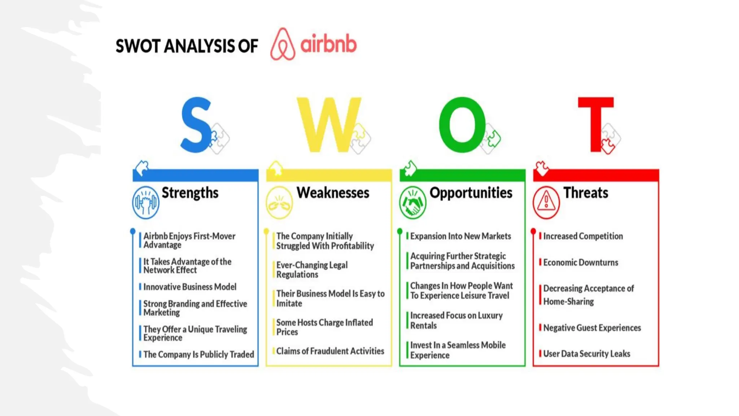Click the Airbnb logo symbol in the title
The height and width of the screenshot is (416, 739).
pos(283,44)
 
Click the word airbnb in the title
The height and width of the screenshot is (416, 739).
pos(328,44)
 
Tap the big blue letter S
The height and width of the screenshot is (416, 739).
pos(196,125)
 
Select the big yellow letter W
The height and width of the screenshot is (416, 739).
pos(328,125)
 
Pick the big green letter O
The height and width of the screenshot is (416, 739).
pos(462,125)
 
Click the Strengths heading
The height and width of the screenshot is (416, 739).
pos(190,193)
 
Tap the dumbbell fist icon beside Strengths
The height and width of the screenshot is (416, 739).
pos(145,203)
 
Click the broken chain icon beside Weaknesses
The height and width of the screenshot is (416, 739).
pos(279,203)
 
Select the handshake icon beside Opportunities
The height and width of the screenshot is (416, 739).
pos(412,203)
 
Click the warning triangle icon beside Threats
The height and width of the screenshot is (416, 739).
pos(546,203)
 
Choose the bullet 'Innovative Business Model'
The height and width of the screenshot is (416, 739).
pos(190,287)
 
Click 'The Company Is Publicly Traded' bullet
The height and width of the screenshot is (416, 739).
pos(198,354)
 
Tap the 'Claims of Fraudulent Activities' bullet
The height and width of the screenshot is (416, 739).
pos(330,351)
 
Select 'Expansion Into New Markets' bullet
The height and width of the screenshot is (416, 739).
pos(460,236)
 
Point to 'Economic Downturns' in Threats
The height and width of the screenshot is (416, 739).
pos(581,263)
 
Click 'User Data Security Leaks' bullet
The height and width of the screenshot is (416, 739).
pos(586,354)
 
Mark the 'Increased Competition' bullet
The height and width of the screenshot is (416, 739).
pos(583,236)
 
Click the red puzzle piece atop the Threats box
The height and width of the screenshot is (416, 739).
pos(541,168)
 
